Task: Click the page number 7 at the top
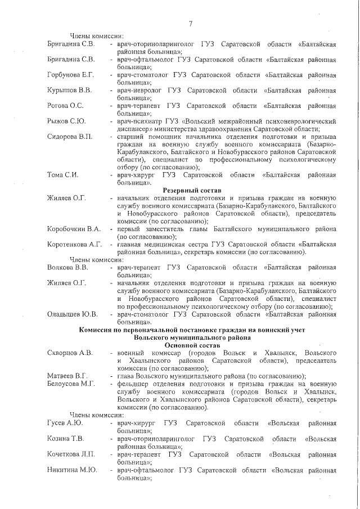tap(191, 24)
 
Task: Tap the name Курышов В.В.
tap(69, 90)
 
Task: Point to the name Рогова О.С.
tap(65, 105)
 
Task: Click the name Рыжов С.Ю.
tap(65, 121)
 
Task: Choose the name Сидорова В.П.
tap(70, 137)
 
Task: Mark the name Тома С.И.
tap(62, 175)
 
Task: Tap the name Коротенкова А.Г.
tap(75, 244)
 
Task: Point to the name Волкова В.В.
tap(67, 267)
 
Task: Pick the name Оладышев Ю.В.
tap(73, 314)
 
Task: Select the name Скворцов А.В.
tap(70, 353)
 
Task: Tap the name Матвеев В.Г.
tap(67, 376)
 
